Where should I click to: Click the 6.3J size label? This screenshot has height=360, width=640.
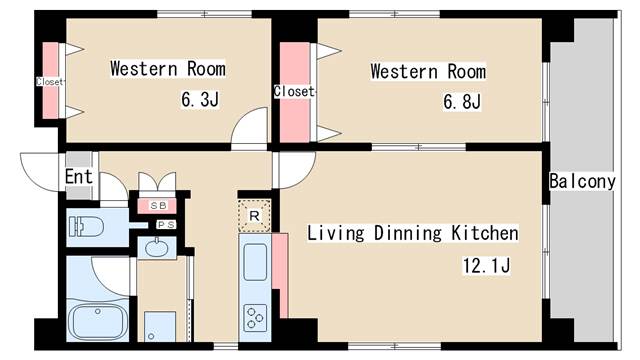coord(200,99)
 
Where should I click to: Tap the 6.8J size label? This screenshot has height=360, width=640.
coord(462,101)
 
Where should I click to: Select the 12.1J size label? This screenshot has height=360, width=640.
coord(486,266)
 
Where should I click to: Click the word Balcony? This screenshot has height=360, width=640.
coord(582,181)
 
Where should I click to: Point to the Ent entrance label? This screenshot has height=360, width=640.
coord(79,177)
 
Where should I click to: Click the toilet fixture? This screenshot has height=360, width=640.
coord(86,227)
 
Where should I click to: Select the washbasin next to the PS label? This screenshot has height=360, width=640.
coord(156,248)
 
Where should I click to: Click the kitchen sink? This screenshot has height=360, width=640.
coord(255,262)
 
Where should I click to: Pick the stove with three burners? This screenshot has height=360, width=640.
coord(255,318)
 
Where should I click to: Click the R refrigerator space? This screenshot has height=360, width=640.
coord(254,216)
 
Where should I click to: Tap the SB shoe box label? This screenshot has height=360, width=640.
coord(158,206)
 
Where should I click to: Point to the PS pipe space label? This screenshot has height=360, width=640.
coord(166,225)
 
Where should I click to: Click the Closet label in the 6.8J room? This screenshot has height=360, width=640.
coord(294,91)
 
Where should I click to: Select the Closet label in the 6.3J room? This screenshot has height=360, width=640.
coord(49,82)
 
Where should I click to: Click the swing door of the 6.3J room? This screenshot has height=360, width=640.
coord(250,126)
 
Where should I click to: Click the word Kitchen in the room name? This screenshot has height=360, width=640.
coord(484,233)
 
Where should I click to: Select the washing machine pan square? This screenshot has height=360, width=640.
coord(160,327)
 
